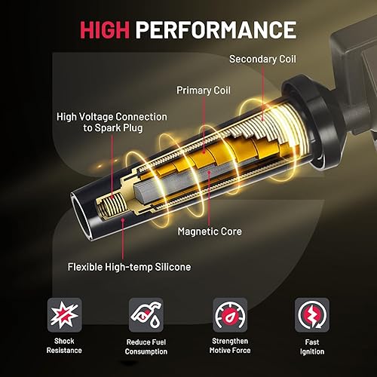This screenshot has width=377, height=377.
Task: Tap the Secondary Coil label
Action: click(x=263, y=58)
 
